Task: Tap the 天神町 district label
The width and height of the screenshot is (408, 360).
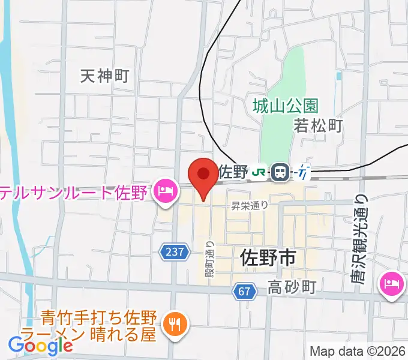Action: [x=105, y=76]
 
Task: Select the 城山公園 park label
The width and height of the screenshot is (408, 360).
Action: [x=285, y=106]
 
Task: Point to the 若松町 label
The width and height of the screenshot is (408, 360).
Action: [x=318, y=125]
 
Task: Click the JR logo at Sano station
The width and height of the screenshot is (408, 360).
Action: [x=259, y=172]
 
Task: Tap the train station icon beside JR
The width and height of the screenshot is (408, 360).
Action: [x=280, y=172]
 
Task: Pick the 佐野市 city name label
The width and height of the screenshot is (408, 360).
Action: [x=268, y=258]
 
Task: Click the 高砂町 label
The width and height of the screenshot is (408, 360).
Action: [x=292, y=287]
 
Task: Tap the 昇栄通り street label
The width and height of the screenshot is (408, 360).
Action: [x=250, y=205]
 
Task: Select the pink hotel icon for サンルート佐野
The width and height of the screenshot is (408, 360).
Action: [x=164, y=192]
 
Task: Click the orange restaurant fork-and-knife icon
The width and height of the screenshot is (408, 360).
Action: [x=175, y=325]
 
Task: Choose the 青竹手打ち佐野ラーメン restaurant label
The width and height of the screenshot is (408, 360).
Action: [x=99, y=325]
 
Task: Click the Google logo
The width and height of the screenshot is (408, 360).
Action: [x=40, y=345]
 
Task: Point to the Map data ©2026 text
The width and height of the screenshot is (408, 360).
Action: [x=358, y=351]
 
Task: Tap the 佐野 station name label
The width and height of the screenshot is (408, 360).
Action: [x=233, y=172]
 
